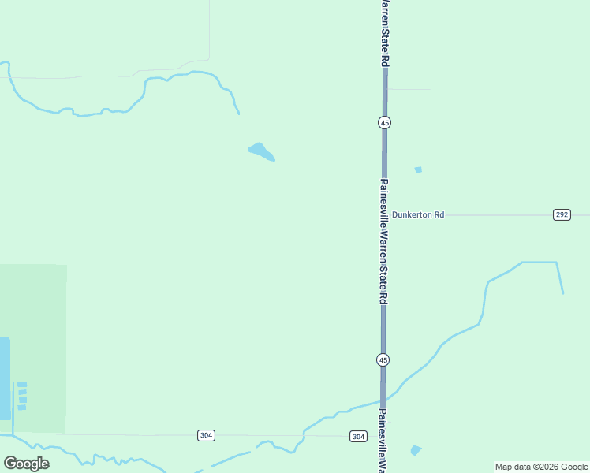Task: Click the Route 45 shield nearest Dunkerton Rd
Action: (384, 122)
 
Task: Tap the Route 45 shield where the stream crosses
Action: (383, 359)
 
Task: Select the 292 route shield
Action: (561, 214)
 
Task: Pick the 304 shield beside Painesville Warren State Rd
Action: (358, 436)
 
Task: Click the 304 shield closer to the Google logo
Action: (205, 435)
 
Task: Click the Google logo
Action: (27, 464)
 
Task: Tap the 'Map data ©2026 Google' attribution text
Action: (541, 467)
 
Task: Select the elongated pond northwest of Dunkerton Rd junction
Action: (260, 151)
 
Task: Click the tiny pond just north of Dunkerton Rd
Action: (418, 169)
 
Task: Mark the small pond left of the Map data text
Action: (416, 450)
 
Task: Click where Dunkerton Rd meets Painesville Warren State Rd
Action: (384, 214)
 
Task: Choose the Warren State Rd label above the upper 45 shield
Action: (384, 32)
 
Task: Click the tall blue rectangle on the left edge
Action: (5, 378)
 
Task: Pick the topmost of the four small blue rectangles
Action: (22, 384)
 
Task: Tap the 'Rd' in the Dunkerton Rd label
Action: (439, 214)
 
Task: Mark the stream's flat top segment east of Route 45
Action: (540, 262)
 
